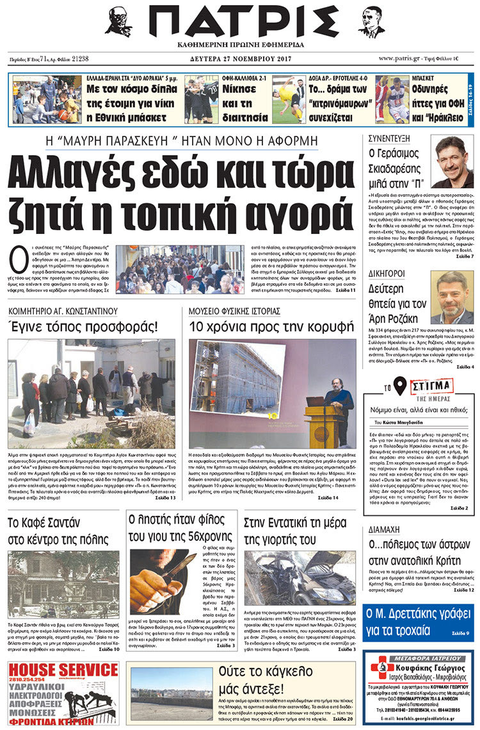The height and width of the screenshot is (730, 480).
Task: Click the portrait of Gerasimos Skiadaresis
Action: point(452,162)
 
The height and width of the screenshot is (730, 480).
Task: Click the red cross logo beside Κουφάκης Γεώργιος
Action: point(380,668)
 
